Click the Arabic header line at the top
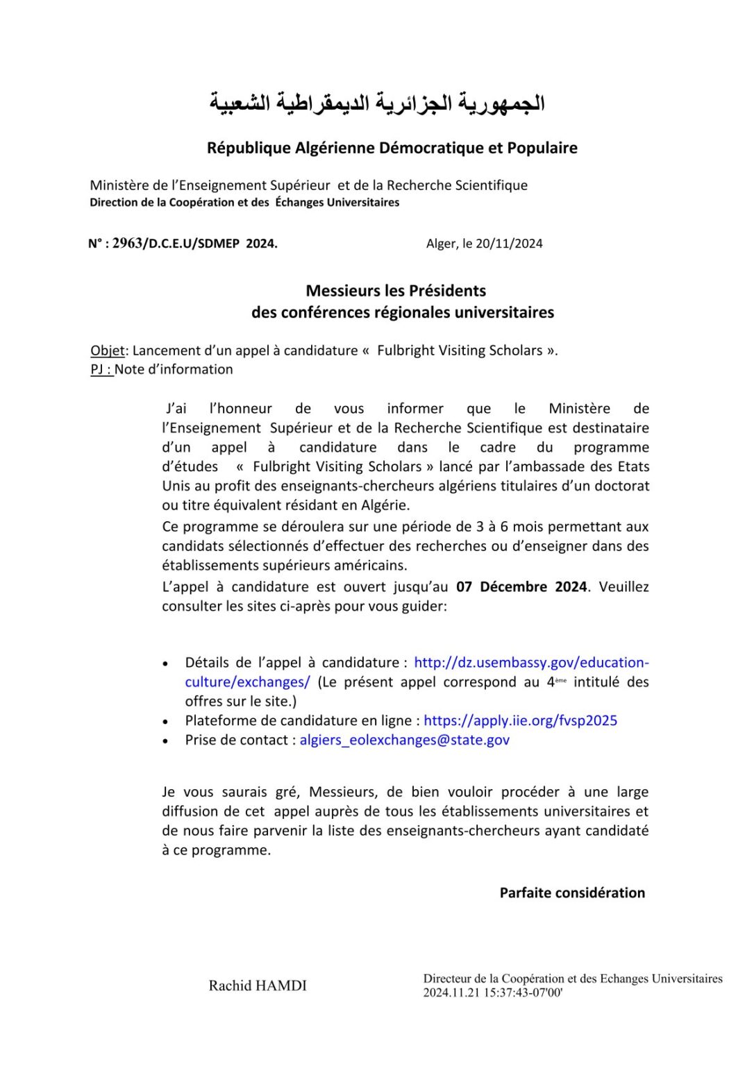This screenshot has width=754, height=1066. pyautogui.click(x=377, y=103)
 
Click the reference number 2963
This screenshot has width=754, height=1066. pyautogui.click(x=127, y=243)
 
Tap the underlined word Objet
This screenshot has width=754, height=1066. pyautogui.click(x=108, y=350)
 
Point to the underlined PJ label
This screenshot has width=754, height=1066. pyautogui.click(x=101, y=369)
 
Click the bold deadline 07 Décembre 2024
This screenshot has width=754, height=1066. pyautogui.click(x=521, y=586)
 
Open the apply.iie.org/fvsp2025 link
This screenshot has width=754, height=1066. pyautogui.click(x=520, y=720)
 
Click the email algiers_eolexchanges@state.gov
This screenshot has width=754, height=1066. pyautogui.click(x=404, y=740)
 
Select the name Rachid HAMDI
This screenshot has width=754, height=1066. pyautogui.click(x=258, y=985)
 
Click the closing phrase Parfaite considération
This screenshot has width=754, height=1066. pyautogui.click(x=572, y=892)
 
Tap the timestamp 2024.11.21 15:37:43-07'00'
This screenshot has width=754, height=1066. pyautogui.click(x=493, y=993)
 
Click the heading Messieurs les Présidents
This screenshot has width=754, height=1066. pyautogui.click(x=396, y=291)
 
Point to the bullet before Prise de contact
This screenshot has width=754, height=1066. pyautogui.click(x=165, y=741)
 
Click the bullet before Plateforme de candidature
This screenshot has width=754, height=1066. pyautogui.click(x=165, y=721)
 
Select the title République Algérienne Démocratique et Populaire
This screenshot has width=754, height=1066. pyautogui.click(x=392, y=148)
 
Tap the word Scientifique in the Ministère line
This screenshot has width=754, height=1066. pyautogui.click(x=492, y=185)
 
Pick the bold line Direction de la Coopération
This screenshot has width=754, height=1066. pyautogui.click(x=244, y=203)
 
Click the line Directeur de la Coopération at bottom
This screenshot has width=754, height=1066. pyautogui.click(x=573, y=979)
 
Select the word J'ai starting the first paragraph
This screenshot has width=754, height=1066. pyautogui.click(x=176, y=409)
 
